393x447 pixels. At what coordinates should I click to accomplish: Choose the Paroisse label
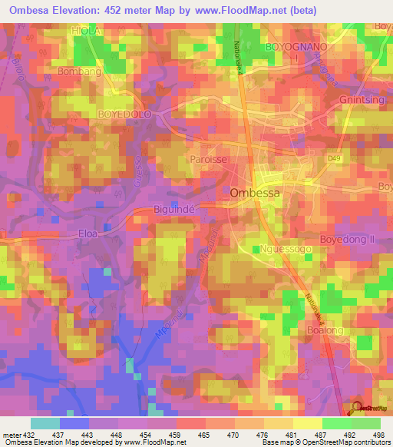206,161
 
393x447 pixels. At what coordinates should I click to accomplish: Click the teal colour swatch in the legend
45,423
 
